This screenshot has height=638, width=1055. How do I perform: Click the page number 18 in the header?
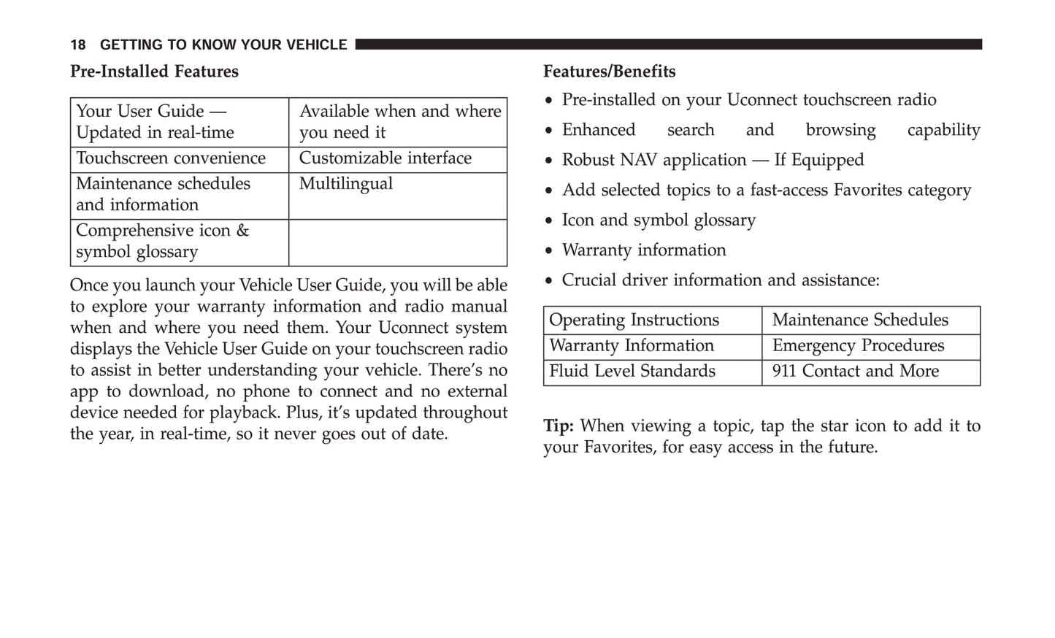pos(77,45)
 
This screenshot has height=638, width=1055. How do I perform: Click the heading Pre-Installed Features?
pos(154,72)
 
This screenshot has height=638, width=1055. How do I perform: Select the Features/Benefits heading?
pos(609,72)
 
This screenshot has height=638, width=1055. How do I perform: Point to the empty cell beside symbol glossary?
pos(397,242)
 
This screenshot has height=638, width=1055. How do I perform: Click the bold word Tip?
pos(559,426)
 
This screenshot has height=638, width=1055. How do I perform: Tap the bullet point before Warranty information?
pos(549,251)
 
